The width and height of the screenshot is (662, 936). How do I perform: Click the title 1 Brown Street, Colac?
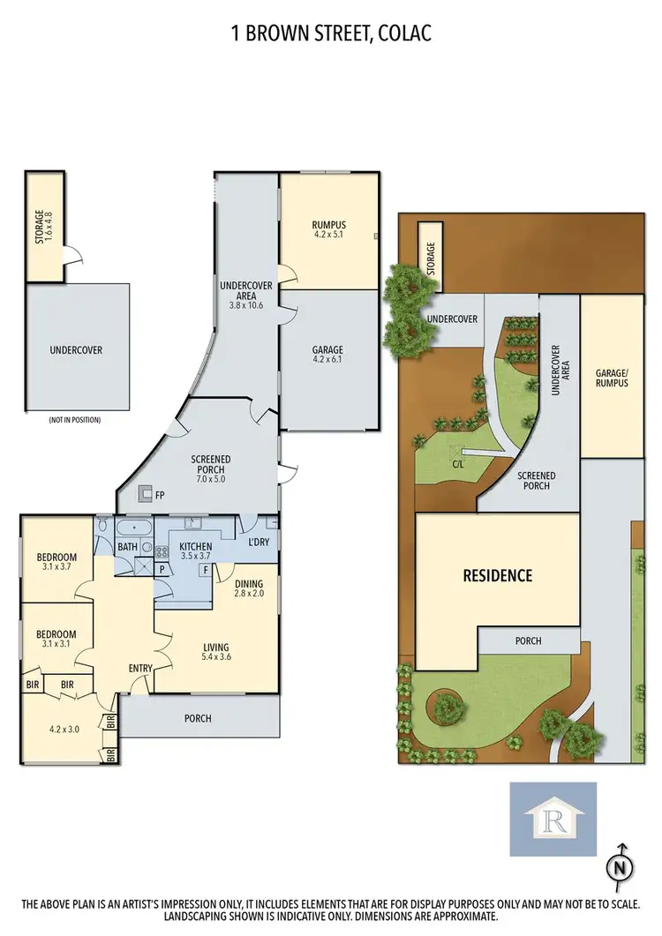click(331, 34)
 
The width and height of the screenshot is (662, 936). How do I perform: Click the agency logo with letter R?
click(553, 819)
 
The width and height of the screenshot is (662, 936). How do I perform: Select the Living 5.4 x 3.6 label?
click(215, 652)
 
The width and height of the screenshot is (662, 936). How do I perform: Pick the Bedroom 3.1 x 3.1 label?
click(56, 639)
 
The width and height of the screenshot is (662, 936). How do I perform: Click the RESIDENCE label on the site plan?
click(498, 576)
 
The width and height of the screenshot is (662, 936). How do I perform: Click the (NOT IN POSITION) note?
click(76, 420)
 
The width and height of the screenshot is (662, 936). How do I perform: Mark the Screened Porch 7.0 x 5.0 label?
click(211, 465)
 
